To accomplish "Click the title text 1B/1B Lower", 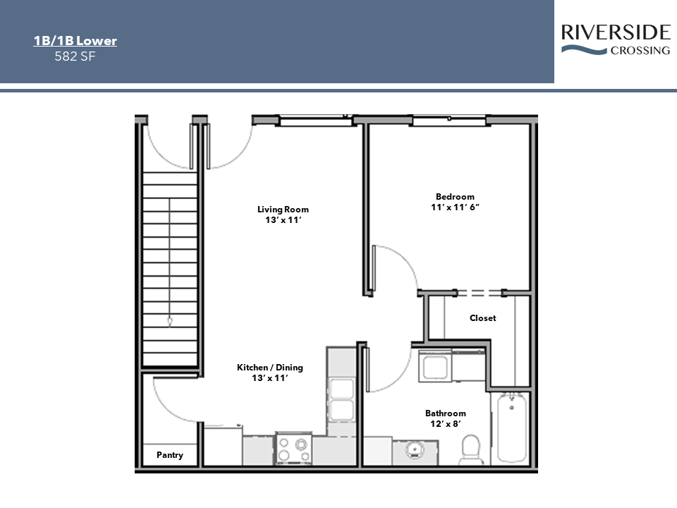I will [75, 41].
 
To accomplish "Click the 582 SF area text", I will [75, 56].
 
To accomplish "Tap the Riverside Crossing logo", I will [615, 40].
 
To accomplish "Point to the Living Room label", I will [283, 209].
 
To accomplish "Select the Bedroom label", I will [455, 197].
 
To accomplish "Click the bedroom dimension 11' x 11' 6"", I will [455, 208].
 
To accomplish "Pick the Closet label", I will [482, 318].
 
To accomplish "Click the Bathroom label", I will [445, 413].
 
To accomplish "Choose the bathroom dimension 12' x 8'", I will [445, 425].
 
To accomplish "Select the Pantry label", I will [169, 455].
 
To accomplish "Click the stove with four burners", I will [293, 449].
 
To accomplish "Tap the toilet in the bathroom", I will [470, 449].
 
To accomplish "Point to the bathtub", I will [509, 428].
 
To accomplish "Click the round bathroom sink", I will [415, 450].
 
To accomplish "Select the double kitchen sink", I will [342, 399].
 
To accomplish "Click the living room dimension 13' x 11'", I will [283, 220].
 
